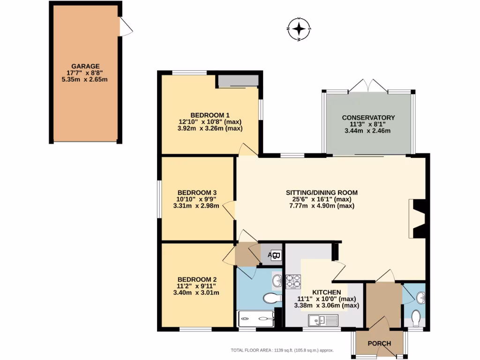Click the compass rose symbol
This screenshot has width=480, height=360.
(x=299, y=30)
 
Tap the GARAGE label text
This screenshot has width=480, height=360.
(x=85, y=66)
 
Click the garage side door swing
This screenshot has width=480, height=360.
(x=126, y=27)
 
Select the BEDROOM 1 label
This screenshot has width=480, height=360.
(x=210, y=115)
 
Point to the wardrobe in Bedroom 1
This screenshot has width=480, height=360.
(x=238, y=81)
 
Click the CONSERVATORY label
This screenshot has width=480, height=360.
(x=368, y=118)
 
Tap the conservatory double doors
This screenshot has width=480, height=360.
(x=369, y=86)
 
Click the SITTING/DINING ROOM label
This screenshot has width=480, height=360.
(x=322, y=192)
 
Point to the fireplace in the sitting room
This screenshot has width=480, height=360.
(x=417, y=219)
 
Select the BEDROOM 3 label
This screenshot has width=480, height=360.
(x=196, y=192)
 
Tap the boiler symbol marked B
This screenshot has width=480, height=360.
(x=276, y=255)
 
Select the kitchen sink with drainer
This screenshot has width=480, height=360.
(x=323, y=321)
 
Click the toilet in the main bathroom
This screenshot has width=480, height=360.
(x=271, y=298)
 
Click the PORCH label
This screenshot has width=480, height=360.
(x=379, y=344)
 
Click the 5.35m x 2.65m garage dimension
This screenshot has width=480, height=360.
(x=85, y=79)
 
